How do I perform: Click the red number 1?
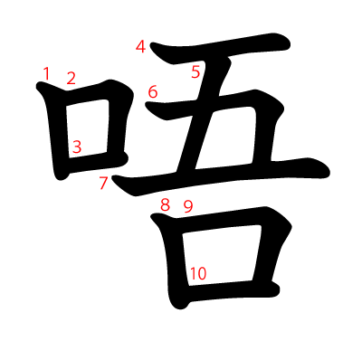[x=46, y=72]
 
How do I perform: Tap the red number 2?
[x=71, y=79]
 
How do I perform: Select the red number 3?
[x=77, y=146]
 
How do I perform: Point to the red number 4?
[x=140, y=46]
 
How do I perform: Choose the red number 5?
[x=195, y=72]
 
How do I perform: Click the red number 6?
[x=152, y=91]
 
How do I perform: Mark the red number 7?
[x=103, y=184]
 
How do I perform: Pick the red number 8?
[x=165, y=205]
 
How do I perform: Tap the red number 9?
[x=188, y=206]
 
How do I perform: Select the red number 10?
[x=198, y=272]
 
